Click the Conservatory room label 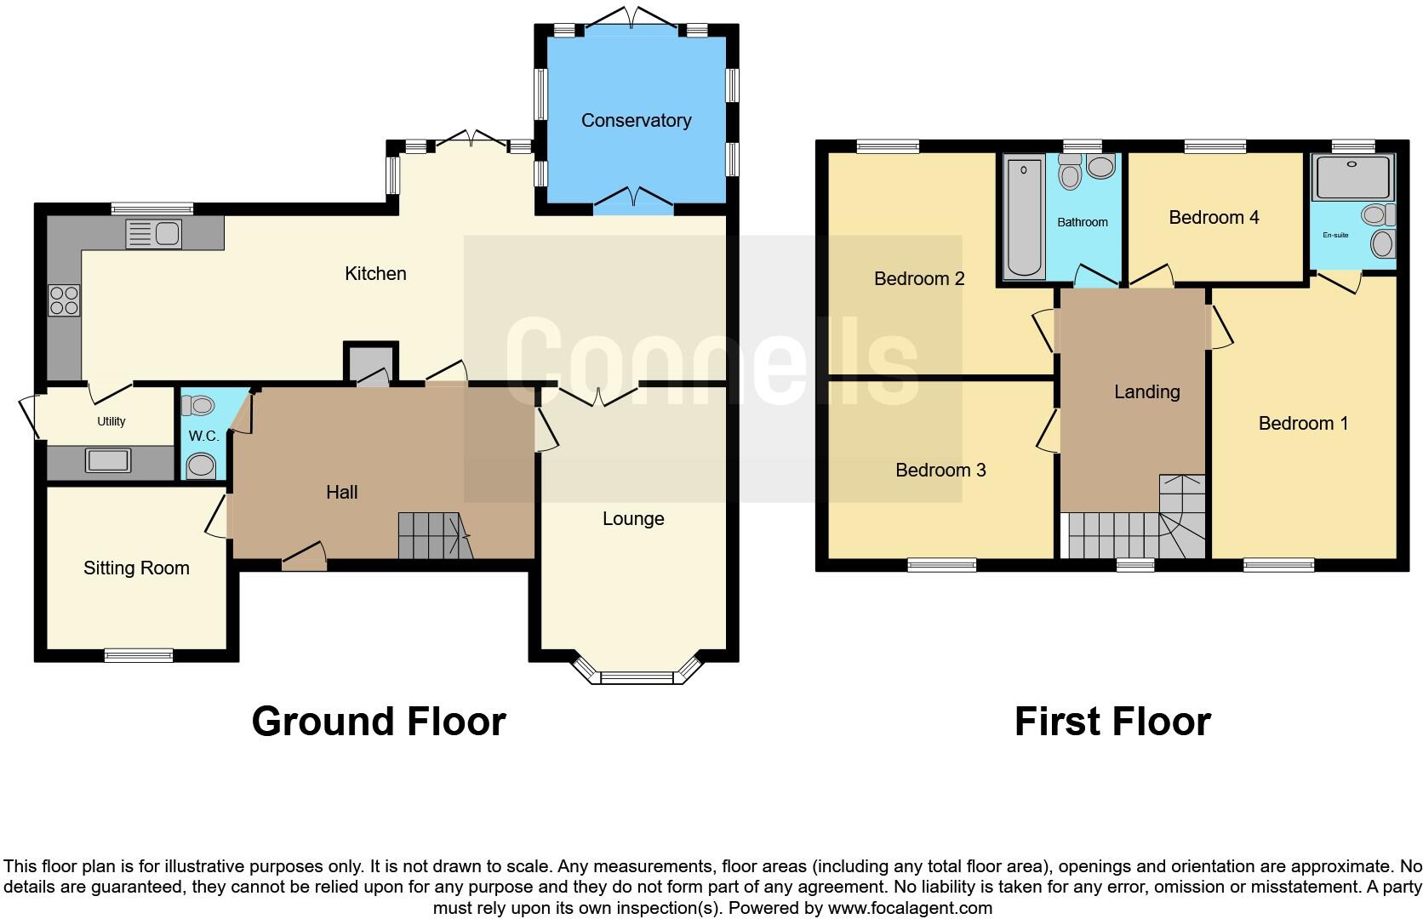click(x=636, y=121)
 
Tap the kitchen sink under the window click(x=153, y=233)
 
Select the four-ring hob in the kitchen click(x=65, y=300)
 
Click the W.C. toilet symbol click(x=201, y=465)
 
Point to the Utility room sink click(x=108, y=461)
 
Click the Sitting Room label click(x=136, y=568)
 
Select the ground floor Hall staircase click(x=434, y=536)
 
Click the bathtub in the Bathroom click(x=1024, y=218)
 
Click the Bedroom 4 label click(x=1214, y=218)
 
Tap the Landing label click(x=1146, y=391)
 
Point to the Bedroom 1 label click(x=1303, y=423)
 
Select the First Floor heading click(x=1112, y=722)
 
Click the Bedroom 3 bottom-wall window click(x=941, y=564)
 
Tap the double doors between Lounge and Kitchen click(x=597, y=395)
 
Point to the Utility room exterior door click(x=29, y=416)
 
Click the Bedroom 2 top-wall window click(x=888, y=146)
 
